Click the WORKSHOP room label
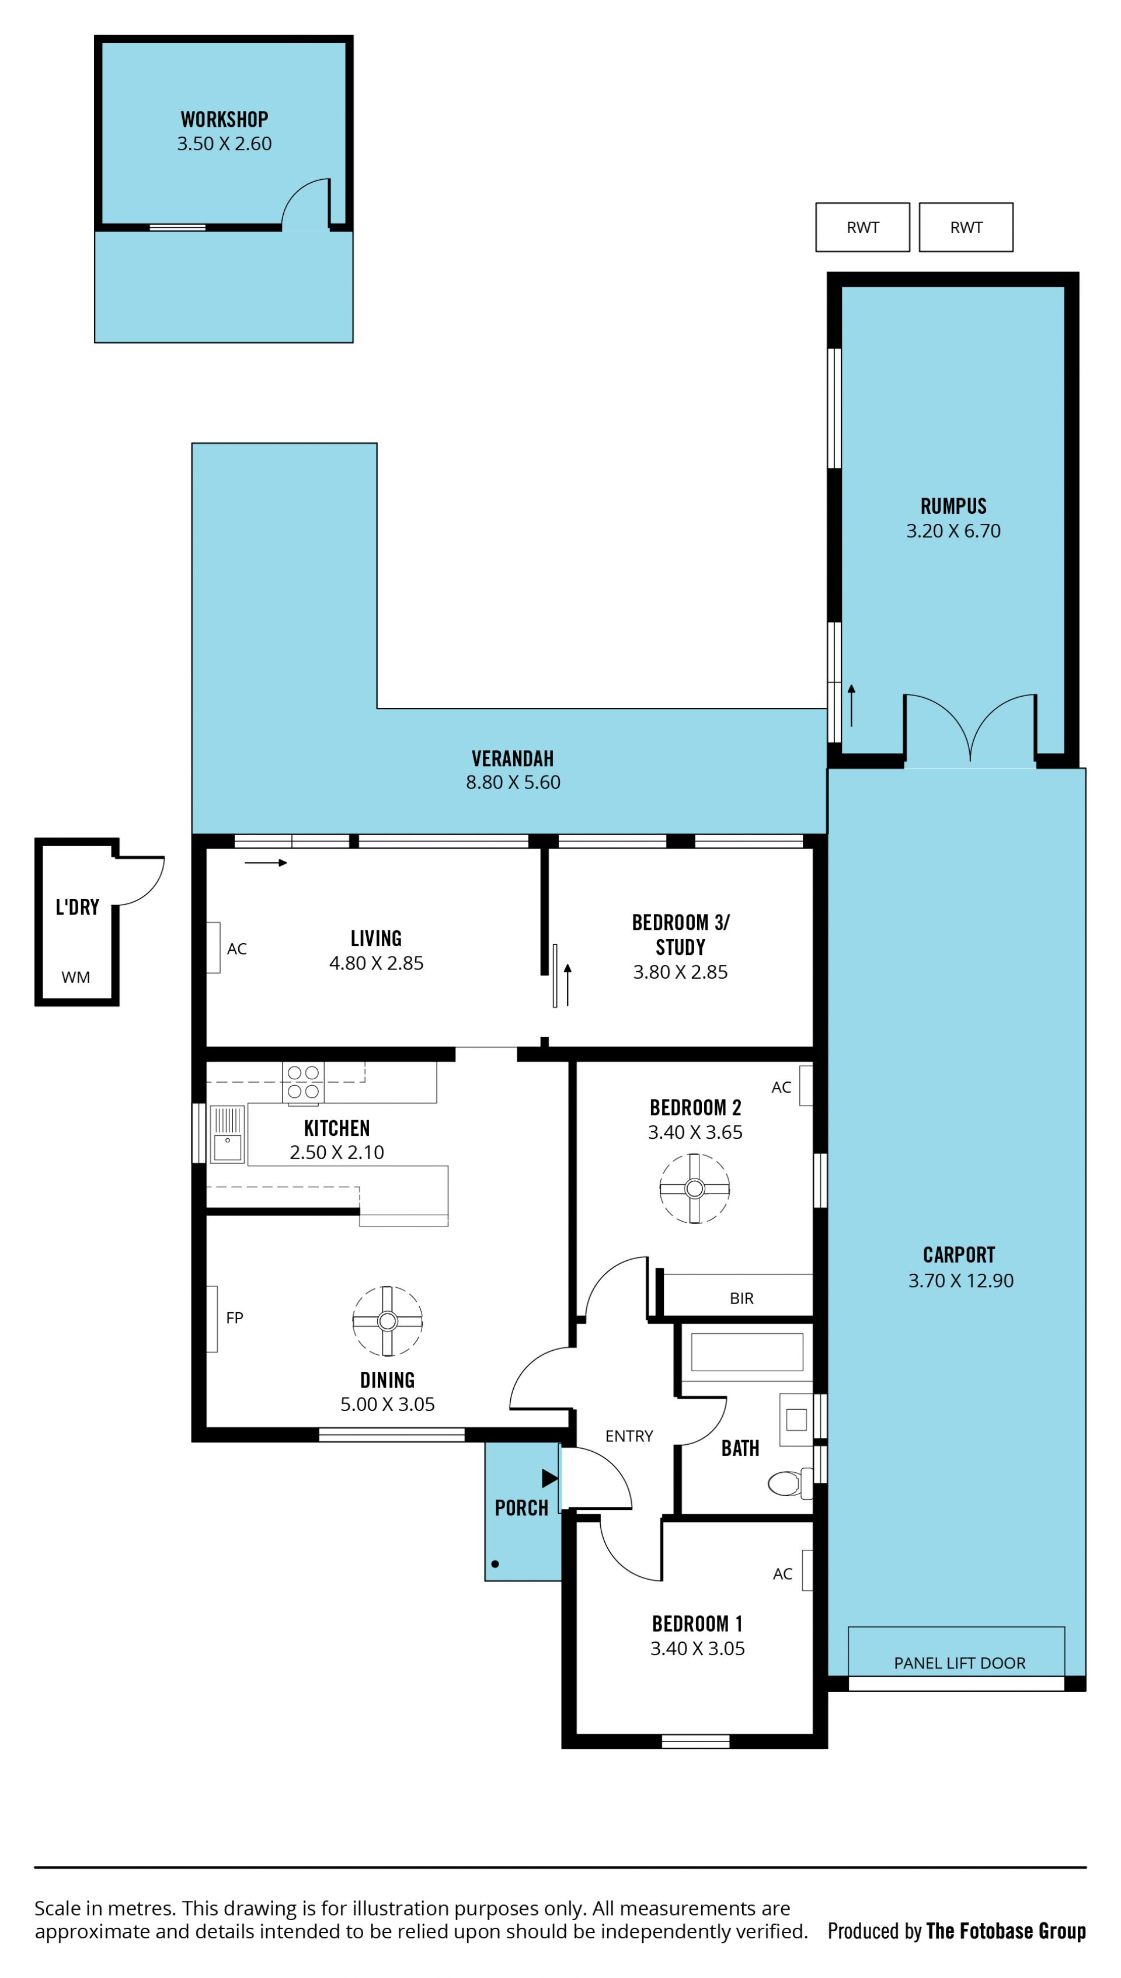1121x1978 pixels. (x=224, y=119)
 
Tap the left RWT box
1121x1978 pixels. (x=862, y=227)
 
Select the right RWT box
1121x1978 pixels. (x=966, y=227)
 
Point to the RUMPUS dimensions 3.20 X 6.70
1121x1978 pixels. (x=953, y=530)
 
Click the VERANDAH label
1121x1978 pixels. (x=513, y=759)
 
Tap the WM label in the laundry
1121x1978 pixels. (x=75, y=977)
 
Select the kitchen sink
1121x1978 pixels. (x=227, y=1134)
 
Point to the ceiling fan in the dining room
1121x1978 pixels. (x=387, y=1321)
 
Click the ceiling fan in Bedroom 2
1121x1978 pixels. (x=694, y=1188)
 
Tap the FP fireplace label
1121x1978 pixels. (x=235, y=1317)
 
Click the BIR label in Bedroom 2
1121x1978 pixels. (x=741, y=1298)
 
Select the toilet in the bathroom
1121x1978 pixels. (x=790, y=1482)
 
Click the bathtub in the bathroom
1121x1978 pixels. (x=747, y=1352)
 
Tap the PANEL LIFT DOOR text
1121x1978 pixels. (x=959, y=1663)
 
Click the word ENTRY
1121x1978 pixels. (x=629, y=1436)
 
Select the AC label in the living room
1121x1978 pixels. (x=236, y=948)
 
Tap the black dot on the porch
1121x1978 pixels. (x=495, y=1564)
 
